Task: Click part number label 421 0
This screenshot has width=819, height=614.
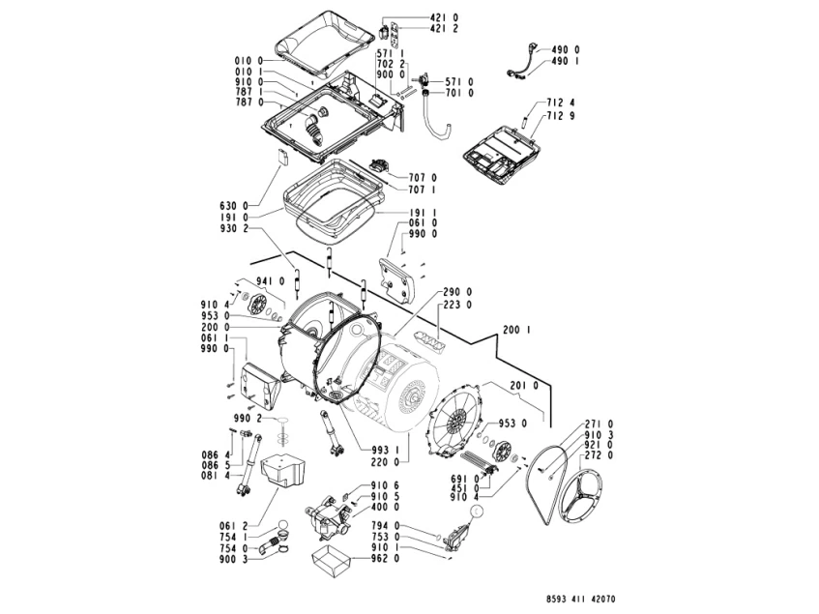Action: (x=417, y=17)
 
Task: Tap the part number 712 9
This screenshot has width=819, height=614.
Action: (x=559, y=115)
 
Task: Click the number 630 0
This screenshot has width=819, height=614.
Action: (x=235, y=205)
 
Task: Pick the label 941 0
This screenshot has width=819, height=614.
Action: (x=270, y=281)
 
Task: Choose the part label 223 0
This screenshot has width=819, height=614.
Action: (x=456, y=305)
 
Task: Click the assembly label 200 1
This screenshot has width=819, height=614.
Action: (x=517, y=331)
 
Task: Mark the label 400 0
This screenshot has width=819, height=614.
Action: (x=386, y=508)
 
